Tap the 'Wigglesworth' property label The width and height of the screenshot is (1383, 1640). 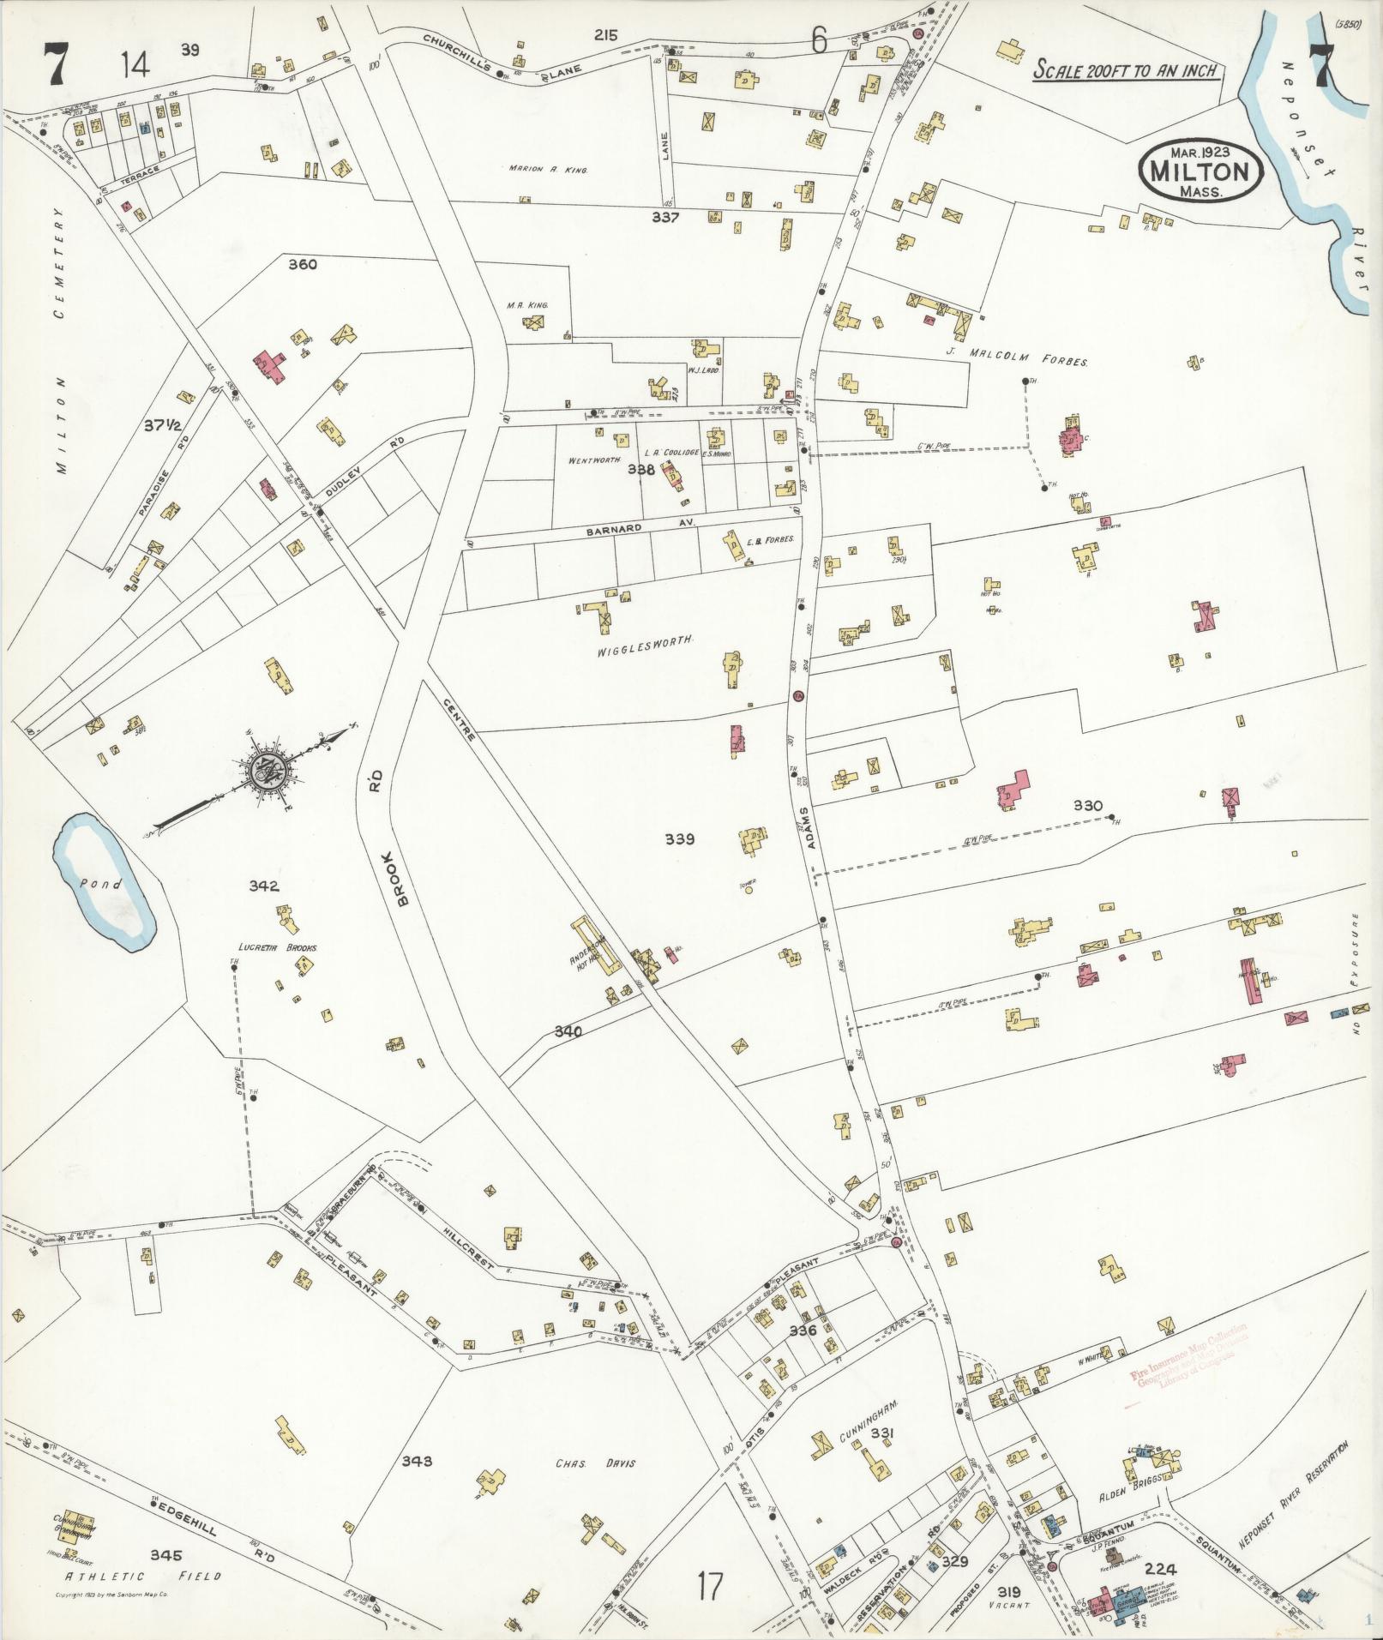(x=644, y=640)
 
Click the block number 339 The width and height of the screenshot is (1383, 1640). (x=679, y=839)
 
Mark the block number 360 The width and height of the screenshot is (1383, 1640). (x=302, y=265)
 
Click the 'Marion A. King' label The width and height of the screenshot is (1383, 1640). (x=547, y=170)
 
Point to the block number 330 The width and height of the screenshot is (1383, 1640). (x=1087, y=806)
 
